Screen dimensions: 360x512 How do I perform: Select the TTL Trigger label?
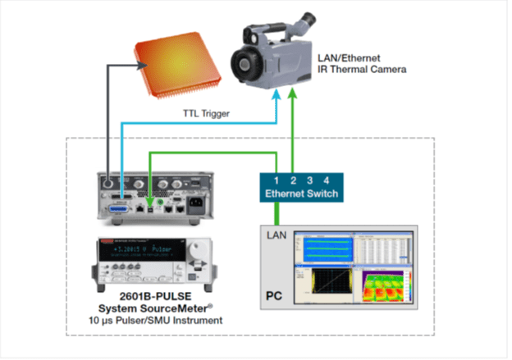205,115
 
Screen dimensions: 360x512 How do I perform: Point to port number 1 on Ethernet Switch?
277,180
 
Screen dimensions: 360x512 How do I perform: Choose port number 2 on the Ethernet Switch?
294,180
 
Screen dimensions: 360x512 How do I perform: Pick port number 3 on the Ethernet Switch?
310,180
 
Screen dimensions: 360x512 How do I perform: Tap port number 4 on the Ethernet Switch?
326,180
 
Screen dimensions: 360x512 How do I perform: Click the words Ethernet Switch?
301,194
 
